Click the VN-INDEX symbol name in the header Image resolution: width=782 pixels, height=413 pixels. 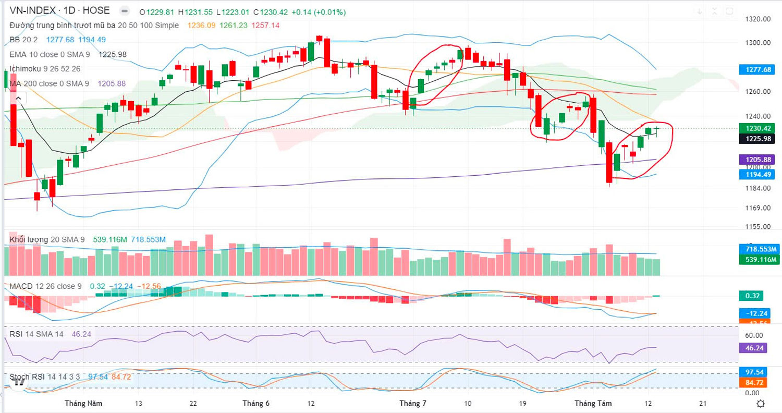32,10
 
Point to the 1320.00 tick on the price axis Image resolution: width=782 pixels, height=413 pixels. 759,19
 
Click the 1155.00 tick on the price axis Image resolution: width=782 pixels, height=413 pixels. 759,227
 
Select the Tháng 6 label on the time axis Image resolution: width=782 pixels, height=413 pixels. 256,403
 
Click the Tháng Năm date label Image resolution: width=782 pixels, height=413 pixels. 83,403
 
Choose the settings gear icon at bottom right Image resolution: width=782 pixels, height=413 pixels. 761,404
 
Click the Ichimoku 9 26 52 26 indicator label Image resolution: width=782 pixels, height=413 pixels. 45,69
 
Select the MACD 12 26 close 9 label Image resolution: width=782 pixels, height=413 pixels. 46,286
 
